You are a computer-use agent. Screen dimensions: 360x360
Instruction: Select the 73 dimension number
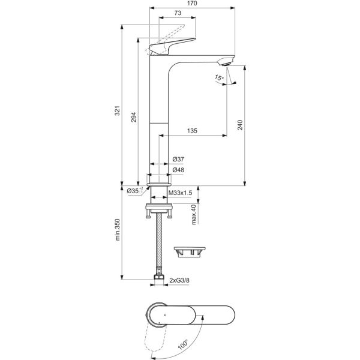pos(178,13)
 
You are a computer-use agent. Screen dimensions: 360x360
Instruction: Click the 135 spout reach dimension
pos(192,131)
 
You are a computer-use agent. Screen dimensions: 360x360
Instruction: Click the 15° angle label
pos(219,78)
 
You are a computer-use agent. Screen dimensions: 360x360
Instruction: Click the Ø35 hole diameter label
pos(134,191)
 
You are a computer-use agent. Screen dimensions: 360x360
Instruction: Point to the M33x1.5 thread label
pos(180,192)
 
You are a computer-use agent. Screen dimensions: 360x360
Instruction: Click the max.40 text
pos(194,214)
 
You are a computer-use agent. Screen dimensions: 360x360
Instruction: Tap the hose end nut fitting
pos(158,279)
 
